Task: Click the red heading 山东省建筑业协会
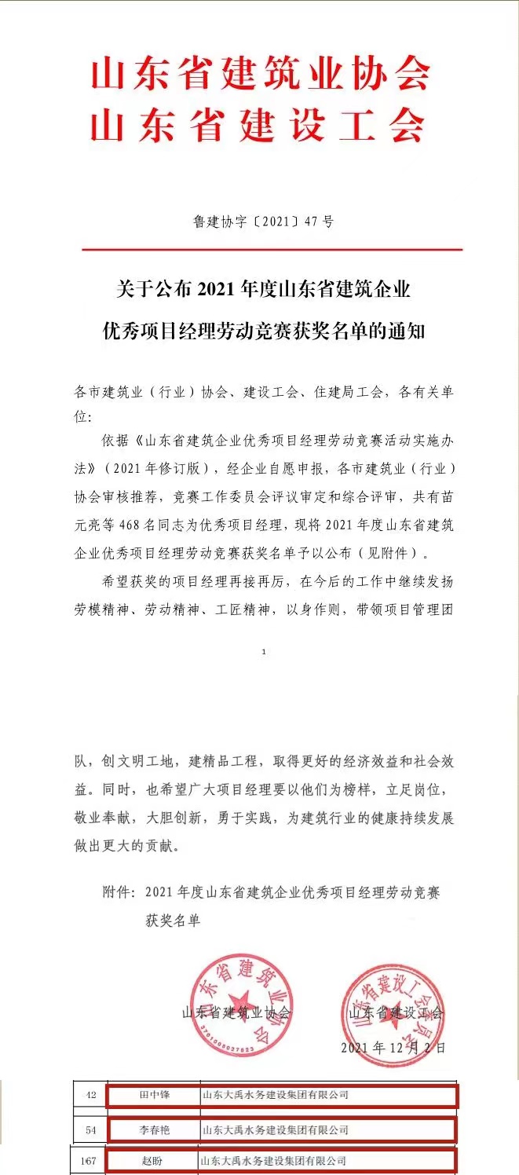pyautogui.click(x=260, y=75)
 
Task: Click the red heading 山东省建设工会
pyautogui.click(x=260, y=124)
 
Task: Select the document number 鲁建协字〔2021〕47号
pyautogui.click(x=264, y=221)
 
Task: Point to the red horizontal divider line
pyautogui.click(x=272, y=250)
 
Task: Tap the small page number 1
pyautogui.click(x=264, y=652)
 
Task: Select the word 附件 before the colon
pyautogui.click(x=117, y=892)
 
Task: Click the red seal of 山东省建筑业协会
pyautogui.click(x=242, y=1005)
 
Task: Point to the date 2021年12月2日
pyautogui.click(x=393, y=1048)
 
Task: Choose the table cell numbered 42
pyautogui.click(x=90, y=1094)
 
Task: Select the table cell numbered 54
pyautogui.click(x=90, y=1130)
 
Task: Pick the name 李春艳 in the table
pyautogui.click(x=154, y=1130)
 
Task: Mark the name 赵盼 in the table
pyautogui.click(x=154, y=1160)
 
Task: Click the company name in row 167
pyautogui.click(x=274, y=1160)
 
